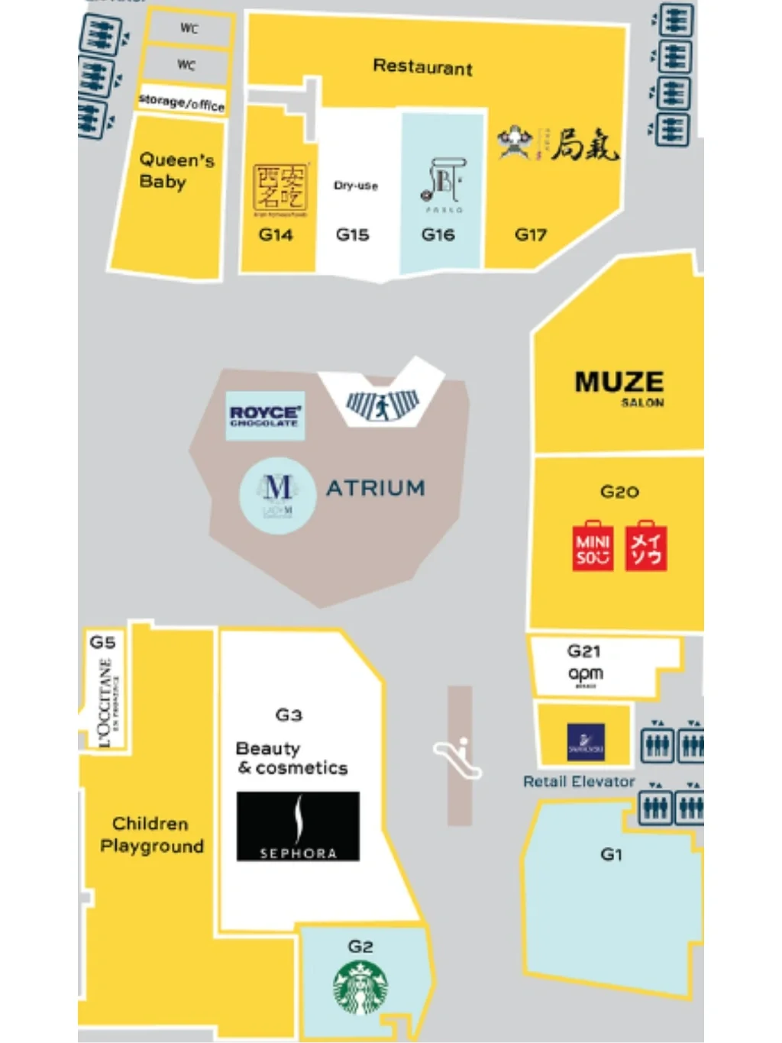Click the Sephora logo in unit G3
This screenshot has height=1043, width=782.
(298, 826)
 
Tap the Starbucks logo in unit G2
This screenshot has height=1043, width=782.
(360, 987)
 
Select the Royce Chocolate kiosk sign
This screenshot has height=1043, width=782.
(265, 415)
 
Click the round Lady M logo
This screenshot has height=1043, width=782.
(277, 495)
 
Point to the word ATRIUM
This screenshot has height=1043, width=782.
(375, 488)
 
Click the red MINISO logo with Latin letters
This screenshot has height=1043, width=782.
(593, 546)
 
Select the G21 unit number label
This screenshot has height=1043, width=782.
(583, 651)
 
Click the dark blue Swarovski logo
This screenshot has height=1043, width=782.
(586, 742)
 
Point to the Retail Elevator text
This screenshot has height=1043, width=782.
(579, 781)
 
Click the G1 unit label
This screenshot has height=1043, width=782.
(611, 854)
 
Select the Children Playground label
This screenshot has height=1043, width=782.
(151, 835)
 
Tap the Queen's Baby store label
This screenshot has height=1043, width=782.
(175, 170)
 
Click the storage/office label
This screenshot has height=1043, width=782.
(182, 102)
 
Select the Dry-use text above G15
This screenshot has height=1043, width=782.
(355, 186)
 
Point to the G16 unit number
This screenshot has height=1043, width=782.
(438, 235)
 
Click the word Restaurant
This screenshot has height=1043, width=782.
(422, 67)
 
